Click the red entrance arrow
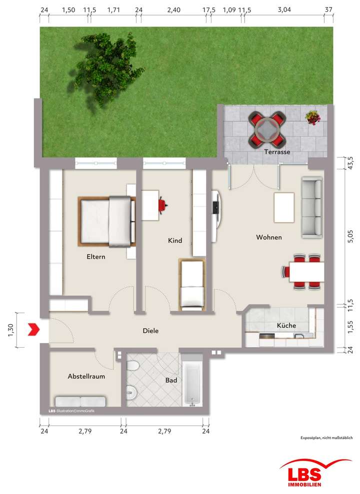click(33, 329)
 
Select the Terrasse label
click(278, 152)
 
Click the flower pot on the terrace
click(312, 118)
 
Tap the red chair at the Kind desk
click(163, 204)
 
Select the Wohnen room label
click(269, 237)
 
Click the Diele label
click(150, 331)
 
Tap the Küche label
click(286, 326)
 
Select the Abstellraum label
click(86, 377)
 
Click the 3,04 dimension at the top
click(284, 10)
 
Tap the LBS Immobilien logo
click(307, 472)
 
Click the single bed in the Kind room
click(192, 283)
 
